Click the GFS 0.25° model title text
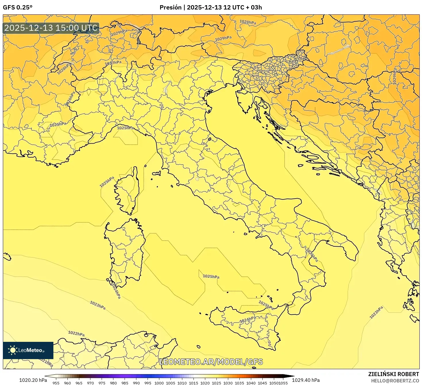[x=18, y=7]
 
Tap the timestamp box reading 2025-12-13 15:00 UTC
[x=51, y=28]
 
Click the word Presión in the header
[x=170, y=7]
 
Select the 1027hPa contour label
[x=113, y=63]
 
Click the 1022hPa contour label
[x=76, y=333]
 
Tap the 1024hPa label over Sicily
[x=247, y=320]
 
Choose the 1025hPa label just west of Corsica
[x=107, y=182]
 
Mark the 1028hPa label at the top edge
[x=248, y=22]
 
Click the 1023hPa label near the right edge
[x=376, y=312]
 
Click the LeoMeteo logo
[x=28, y=350]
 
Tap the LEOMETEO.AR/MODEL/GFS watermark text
[x=211, y=362]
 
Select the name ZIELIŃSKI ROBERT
[x=393, y=374]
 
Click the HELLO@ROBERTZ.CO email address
[x=395, y=381]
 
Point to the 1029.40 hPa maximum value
[x=306, y=380]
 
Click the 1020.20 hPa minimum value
[x=33, y=380]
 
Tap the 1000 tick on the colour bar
[x=159, y=383]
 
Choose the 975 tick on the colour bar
[x=102, y=383]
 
